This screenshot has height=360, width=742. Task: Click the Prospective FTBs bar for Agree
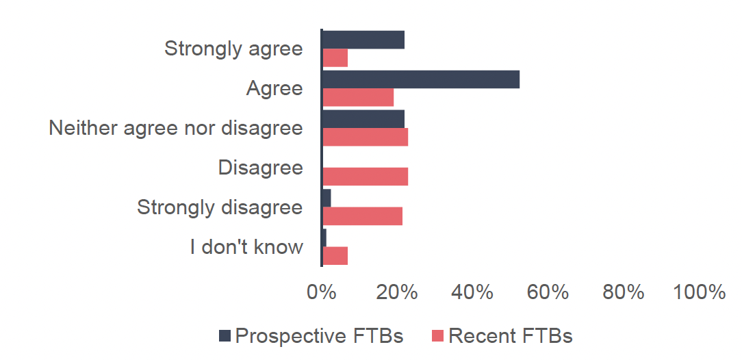(420, 79)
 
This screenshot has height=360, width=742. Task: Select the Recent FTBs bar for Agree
(358, 98)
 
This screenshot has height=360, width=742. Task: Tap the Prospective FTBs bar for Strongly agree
(363, 40)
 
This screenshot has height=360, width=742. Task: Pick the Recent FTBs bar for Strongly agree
(335, 58)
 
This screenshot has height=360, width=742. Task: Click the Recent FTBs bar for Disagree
(365, 177)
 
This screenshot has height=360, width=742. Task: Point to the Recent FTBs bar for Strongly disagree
(362, 216)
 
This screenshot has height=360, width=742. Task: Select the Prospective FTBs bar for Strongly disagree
(327, 198)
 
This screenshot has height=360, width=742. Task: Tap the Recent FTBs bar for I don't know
(335, 256)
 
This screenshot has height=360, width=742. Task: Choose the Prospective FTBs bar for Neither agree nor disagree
(363, 119)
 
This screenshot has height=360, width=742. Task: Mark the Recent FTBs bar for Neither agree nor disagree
(365, 137)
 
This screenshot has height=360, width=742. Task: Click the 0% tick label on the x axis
(321, 292)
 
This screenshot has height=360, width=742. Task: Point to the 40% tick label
(472, 292)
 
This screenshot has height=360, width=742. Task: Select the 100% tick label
(699, 292)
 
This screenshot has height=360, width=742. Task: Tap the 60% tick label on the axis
(548, 292)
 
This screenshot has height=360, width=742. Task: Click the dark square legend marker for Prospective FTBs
(225, 336)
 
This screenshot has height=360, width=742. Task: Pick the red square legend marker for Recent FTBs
(438, 336)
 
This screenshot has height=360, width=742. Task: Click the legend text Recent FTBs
(510, 336)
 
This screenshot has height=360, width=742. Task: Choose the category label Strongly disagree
(220, 207)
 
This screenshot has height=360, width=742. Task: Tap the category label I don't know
(246, 247)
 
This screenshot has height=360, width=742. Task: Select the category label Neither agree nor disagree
(176, 128)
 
